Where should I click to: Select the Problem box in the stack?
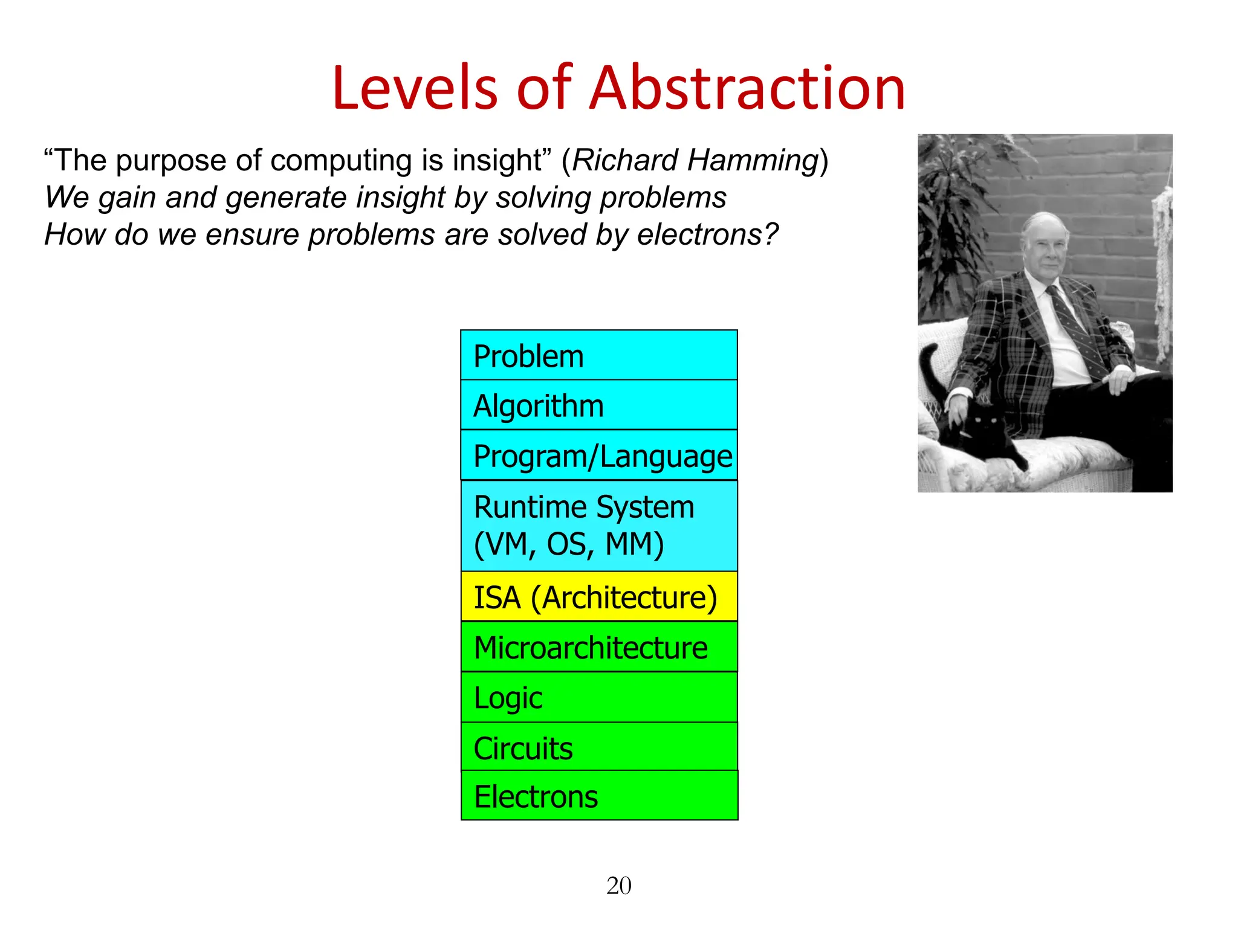(598, 355)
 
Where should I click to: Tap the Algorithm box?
(598, 405)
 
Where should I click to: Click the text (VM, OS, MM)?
(569, 544)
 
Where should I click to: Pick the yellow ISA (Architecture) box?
(598, 597)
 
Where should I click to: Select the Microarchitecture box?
(598, 647)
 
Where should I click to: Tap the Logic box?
(598, 697)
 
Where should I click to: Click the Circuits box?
(598, 747)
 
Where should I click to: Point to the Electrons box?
(598, 796)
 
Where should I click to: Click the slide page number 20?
(618, 886)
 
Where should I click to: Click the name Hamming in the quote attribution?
(753, 161)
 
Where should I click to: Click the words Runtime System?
(584, 507)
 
